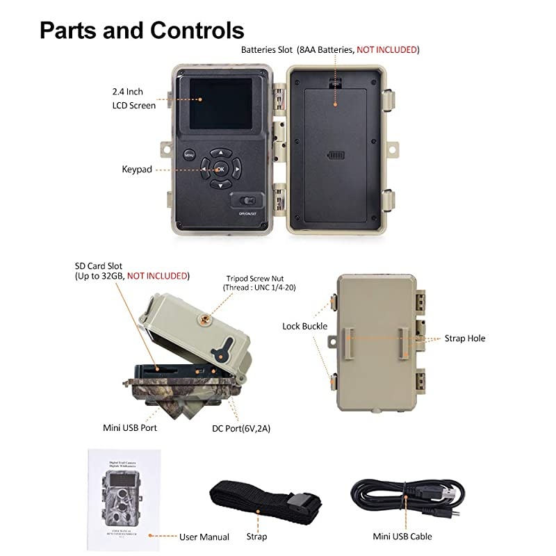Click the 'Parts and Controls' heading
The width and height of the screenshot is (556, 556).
142,30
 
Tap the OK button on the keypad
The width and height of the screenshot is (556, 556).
220,168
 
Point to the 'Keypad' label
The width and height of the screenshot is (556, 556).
137,169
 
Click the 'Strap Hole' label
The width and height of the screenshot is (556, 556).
465,338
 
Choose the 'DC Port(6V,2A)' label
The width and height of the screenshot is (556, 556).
241,428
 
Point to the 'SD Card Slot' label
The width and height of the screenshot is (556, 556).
131,270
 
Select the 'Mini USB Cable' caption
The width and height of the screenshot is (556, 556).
403,537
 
